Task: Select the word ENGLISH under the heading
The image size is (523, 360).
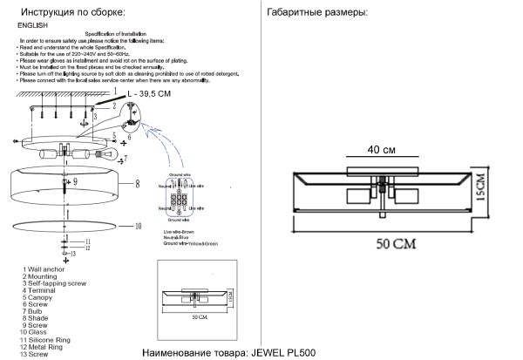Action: (32, 27)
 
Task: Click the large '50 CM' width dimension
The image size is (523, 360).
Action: (397, 244)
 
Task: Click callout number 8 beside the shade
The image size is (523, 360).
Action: (137, 184)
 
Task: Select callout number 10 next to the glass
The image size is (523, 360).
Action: (137, 226)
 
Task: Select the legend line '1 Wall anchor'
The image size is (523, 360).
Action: (44, 270)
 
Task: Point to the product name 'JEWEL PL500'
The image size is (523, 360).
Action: (282, 353)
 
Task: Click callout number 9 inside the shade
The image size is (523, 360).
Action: (75, 181)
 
